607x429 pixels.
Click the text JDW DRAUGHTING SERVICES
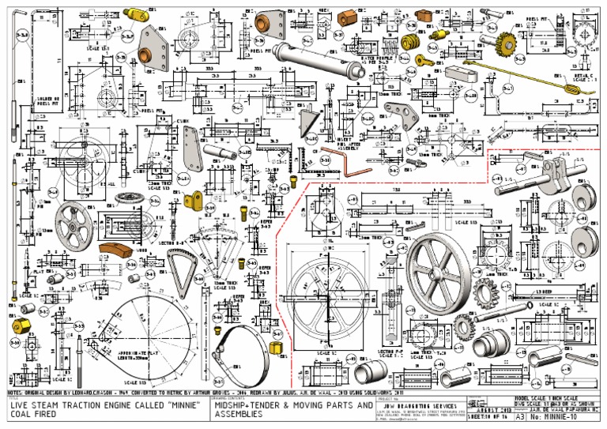pos(428,405)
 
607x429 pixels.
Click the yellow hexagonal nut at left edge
pos(17,324)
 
